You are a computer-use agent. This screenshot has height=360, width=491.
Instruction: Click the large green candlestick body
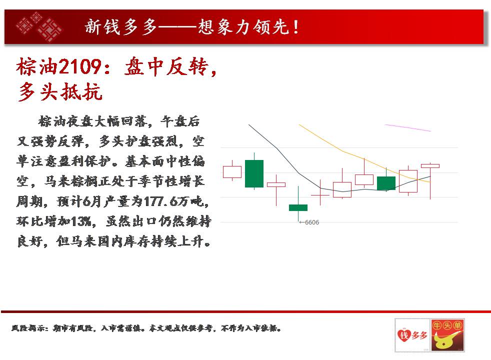tap(254, 173)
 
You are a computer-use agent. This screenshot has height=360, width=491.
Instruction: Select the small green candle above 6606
tap(298, 207)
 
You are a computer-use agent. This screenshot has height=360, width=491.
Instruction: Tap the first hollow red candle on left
tap(232, 172)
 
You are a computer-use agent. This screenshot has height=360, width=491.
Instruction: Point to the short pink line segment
tap(407, 127)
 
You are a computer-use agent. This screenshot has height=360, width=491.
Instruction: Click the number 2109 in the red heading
tap(80, 66)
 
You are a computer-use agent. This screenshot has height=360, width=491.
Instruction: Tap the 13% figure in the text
tap(81, 221)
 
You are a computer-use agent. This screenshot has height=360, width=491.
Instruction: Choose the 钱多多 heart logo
tap(412, 335)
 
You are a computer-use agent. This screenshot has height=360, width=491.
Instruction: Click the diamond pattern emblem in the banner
tap(39, 26)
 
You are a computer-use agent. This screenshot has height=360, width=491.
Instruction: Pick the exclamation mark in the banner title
tap(296, 27)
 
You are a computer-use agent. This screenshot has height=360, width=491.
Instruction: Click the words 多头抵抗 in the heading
tap(60, 91)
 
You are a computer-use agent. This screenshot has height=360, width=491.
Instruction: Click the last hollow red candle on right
tap(430, 166)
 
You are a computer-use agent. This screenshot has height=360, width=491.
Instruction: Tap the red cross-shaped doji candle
tap(320, 195)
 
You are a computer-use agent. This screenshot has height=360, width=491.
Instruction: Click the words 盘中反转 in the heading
tap(166, 66)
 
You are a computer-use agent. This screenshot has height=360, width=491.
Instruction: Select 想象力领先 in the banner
tap(243, 26)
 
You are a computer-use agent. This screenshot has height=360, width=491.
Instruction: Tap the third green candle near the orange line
tap(386, 183)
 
